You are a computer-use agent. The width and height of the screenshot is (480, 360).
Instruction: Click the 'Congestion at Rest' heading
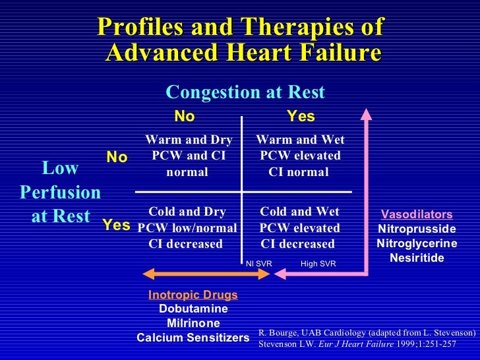[x=245, y=92]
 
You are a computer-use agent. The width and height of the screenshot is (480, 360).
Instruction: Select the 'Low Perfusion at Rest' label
[x=60, y=193]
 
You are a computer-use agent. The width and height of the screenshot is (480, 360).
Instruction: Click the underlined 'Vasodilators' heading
[x=417, y=215]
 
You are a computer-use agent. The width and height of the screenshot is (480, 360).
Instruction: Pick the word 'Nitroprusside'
[x=417, y=229]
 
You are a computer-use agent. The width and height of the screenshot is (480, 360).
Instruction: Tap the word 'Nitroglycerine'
[x=417, y=243]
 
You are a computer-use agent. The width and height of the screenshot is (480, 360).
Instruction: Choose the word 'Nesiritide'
[x=417, y=257]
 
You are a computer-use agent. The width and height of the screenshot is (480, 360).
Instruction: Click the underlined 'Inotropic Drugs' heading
[x=193, y=295]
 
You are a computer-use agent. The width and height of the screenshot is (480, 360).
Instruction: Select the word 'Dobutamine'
[x=193, y=309]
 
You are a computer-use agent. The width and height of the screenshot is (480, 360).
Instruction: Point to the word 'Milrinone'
[x=193, y=323]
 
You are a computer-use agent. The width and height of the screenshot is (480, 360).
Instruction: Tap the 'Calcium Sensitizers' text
[x=193, y=338]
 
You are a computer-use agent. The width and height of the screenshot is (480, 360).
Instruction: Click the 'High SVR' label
[x=318, y=264]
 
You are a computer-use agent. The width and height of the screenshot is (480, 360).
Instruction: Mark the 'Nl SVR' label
[x=258, y=264]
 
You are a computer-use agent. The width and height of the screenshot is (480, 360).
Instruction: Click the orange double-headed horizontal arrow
[x=207, y=274]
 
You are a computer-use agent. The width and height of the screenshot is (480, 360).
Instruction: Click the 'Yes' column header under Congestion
[x=301, y=117]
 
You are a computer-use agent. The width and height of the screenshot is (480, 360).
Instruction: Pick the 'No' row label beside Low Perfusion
[x=117, y=157]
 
